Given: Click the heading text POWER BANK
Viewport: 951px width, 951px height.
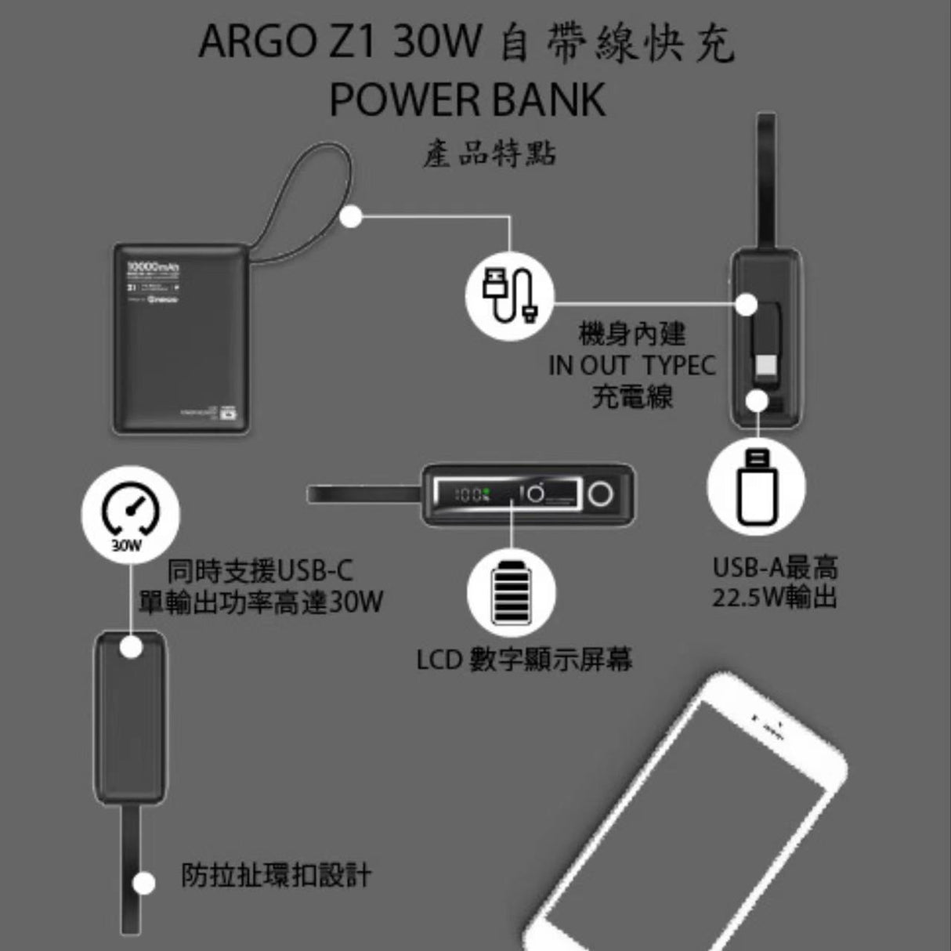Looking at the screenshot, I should click(x=468, y=99).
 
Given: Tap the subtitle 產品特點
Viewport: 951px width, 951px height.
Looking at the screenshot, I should click(x=490, y=154).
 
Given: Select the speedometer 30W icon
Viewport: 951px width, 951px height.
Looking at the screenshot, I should click(x=131, y=515).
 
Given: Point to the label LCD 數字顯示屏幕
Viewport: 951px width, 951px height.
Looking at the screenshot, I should click(x=524, y=660).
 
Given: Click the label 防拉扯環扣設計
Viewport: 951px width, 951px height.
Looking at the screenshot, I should click(x=276, y=875).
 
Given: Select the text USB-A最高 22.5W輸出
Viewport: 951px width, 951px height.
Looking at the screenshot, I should click(x=774, y=582).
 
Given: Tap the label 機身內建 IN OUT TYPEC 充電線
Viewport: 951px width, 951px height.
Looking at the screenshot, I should click(x=632, y=366).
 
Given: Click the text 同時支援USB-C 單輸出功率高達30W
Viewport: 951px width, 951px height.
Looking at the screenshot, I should click(x=261, y=587).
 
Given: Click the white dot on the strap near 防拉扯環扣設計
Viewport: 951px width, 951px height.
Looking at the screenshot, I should click(x=143, y=883).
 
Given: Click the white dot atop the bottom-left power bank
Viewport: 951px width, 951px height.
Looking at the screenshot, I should click(x=131, y=648).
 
